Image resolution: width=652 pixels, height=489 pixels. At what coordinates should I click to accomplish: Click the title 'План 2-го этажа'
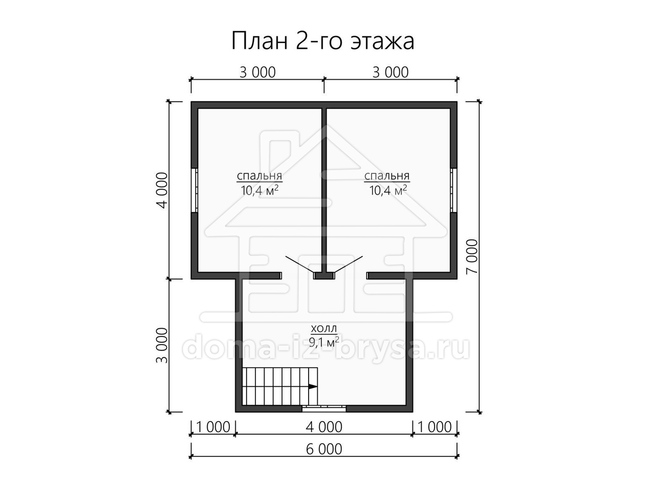[x=323, y=41]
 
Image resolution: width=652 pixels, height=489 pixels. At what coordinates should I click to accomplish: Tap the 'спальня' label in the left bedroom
[x=259, y=177]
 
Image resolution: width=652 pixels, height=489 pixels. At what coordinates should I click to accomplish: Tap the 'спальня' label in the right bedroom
[x=387, y=177]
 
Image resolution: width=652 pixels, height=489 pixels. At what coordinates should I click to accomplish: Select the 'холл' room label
[x=324, y=329]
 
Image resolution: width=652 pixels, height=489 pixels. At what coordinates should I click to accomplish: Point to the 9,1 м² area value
[x=324, y=342]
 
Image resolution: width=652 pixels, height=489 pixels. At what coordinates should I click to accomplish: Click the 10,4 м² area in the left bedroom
[x=260, y=190]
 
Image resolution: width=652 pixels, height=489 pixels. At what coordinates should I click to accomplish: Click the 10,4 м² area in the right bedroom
[x=388, y=190]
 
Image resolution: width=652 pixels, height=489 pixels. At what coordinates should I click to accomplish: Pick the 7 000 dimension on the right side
[x=472, y=256]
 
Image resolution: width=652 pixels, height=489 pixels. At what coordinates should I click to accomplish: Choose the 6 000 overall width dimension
[x=324, y=449]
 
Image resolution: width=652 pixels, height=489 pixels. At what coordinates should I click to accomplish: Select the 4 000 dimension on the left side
[x=162, y=190]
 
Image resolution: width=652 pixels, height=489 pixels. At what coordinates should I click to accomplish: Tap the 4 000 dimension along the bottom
[x=324, y=427]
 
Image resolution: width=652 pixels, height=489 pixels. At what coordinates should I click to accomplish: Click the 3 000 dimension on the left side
[x=162, y=346]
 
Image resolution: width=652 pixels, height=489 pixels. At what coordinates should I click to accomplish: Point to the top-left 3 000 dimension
[x=258, y=72]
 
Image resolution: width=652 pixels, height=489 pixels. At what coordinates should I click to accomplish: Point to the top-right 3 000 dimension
[x=390, y=72]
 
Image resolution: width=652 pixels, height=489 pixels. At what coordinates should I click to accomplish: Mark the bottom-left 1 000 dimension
[x=213, y=427]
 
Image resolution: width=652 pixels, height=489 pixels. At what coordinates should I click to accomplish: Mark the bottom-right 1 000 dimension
[x=435, y=427]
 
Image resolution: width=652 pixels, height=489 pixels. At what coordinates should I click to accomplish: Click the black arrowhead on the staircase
[x=312, y=386]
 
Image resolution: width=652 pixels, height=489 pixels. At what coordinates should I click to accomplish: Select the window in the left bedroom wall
[x=195, y=190]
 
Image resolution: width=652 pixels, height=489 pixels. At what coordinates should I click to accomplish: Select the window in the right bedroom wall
[x=454, y=190]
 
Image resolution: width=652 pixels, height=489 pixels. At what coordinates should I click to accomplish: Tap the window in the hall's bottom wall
[x=324, y=409]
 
